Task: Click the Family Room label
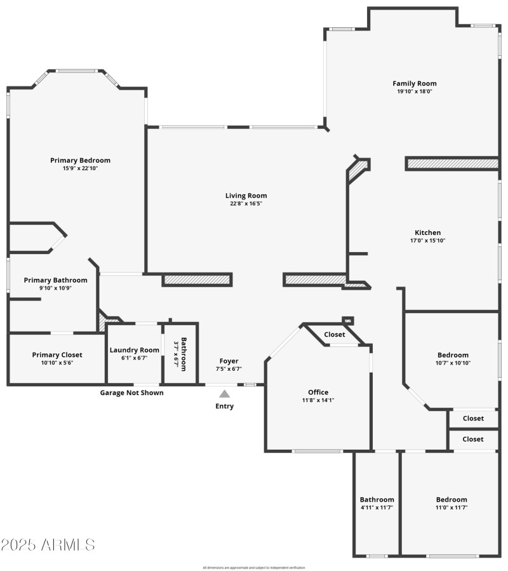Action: click(414, 83)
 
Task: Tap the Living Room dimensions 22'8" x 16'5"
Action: click(246, 204)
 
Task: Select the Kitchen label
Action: click(427, 232)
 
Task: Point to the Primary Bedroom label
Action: click(80, 160)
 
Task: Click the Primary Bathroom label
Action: click(56, 279)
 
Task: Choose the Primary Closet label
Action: click(57, 354)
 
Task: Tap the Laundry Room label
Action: click(134, 350)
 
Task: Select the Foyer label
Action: click(229, 361)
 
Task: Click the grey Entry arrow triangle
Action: click(225, 394)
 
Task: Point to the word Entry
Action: click(225, 406)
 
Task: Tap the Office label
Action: click(318, 392)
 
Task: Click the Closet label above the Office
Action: click(335, 334)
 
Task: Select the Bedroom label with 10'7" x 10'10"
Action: click(453, 355)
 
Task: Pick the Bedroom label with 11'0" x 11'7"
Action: click(451, 499)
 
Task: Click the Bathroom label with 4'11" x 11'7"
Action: click(377, 499)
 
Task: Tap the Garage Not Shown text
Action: click(131, 393)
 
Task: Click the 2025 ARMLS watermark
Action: click(48, 545)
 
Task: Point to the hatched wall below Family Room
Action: click(451, 164)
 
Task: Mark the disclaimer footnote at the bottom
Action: click(254, 567)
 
